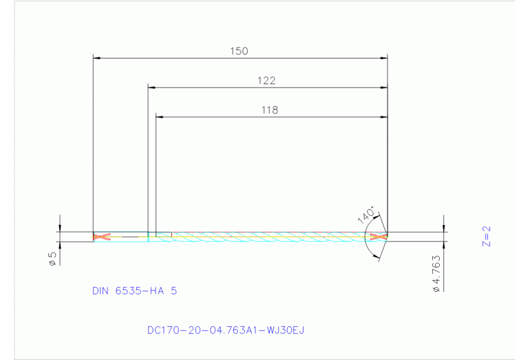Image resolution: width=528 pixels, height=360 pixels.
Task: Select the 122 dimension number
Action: [x=266, y=81]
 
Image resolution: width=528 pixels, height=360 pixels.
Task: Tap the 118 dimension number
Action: [x=270, y=109]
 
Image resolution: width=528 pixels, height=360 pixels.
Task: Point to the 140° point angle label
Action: [x=366, y=214]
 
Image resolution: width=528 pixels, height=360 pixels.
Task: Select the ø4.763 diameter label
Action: [x=436, y=274]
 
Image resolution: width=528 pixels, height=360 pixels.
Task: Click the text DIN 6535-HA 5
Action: [x=134, y=291]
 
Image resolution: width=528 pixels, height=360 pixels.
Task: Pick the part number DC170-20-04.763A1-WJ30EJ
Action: [x=225, y=330]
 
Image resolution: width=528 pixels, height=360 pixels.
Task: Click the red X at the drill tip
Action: [x=377, y=237]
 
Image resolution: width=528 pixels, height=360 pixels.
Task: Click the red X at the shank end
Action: [x=102, y=237]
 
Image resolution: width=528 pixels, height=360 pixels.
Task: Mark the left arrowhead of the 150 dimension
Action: [x=97, y=58]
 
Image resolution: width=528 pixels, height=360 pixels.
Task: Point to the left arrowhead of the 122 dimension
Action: [x=152, y=87]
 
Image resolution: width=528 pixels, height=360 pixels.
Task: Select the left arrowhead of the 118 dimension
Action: [x=160, y=117]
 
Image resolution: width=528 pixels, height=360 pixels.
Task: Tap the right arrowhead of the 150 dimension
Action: [x=383, y=58]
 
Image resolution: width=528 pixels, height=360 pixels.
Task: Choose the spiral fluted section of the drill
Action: [x=268, y=237]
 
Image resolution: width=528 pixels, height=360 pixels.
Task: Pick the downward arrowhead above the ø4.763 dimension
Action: [x=444, y=228]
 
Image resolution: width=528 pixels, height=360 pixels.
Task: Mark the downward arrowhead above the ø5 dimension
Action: [x=61, y=228]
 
